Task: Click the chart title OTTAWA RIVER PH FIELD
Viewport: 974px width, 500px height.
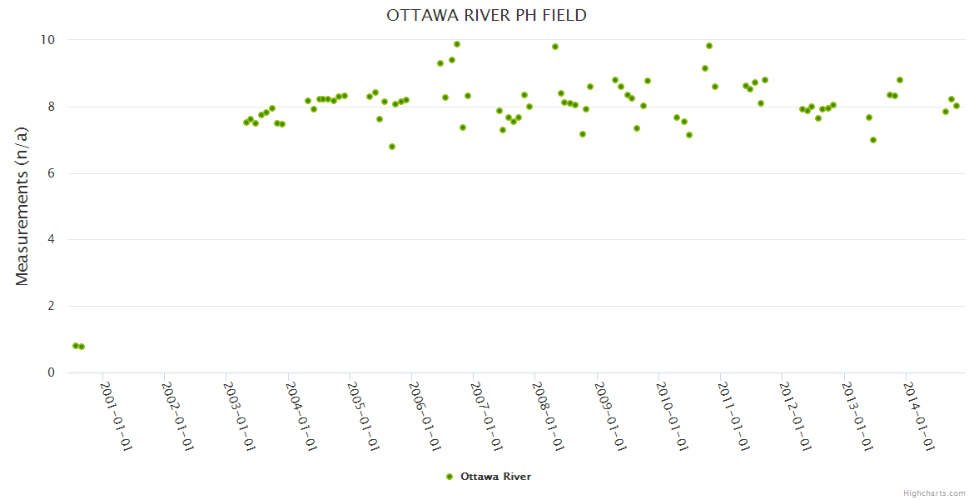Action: coord(486,15)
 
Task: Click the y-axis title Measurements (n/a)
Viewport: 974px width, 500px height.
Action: coord(22,206)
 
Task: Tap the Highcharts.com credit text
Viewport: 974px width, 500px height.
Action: coord(934,492)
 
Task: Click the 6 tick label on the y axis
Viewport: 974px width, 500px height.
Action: coord(51,173)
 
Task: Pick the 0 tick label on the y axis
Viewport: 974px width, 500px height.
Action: coord(51,372)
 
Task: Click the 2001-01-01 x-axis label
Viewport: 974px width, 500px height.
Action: coord(116,416)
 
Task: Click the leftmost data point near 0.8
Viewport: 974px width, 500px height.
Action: coord(76,346)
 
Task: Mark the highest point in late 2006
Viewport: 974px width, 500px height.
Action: coord(457,44)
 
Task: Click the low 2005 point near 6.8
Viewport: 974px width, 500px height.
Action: coord(392,147)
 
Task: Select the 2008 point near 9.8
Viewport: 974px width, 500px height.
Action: coord(555,47)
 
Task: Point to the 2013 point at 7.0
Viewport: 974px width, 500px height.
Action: coord(873,140)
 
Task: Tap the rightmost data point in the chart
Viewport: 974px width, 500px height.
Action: coord(957,106)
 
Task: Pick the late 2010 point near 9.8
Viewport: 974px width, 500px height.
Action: coord(709,46)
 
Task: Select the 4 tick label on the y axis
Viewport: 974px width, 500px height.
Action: coord(51,240)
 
